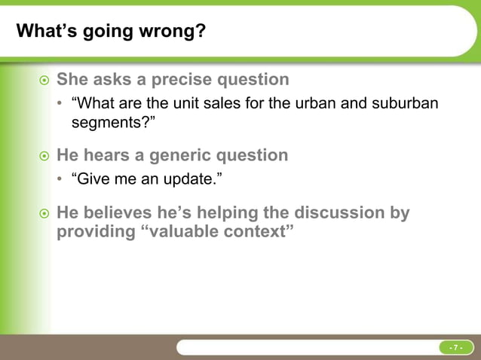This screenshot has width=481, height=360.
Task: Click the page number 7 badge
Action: [x=455, y=347]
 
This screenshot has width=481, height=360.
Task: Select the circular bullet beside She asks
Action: [x=44, y=80]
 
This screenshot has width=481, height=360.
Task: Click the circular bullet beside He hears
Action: [x=44, y=156]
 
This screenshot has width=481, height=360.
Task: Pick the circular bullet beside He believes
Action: [x=44, y=213]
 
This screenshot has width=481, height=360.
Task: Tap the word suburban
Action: [x=404, y=103]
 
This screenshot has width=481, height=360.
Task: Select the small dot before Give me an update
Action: [x=61, y=179]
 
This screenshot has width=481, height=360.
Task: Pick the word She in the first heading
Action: [x=74, y=79]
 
